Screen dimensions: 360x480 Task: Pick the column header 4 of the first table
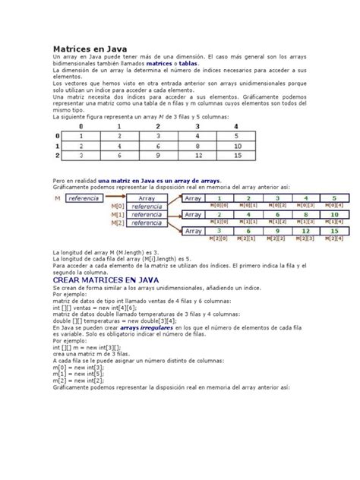pyautogui.click(x=238, y=127)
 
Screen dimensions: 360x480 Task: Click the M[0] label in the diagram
pyautogui.click(x=117, y=206)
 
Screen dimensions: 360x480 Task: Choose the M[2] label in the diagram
pyautogui.click(x=117, y=223)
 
